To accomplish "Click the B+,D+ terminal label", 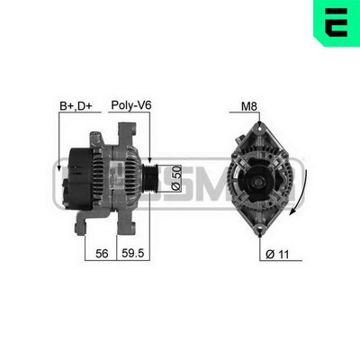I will click(x=75, y=105).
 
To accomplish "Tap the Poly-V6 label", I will click(x=130, y=105).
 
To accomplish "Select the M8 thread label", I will click(x=249, y=106).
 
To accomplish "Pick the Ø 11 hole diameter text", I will click(x=277, y=255).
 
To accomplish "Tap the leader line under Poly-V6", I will click(x=148, y=135).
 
